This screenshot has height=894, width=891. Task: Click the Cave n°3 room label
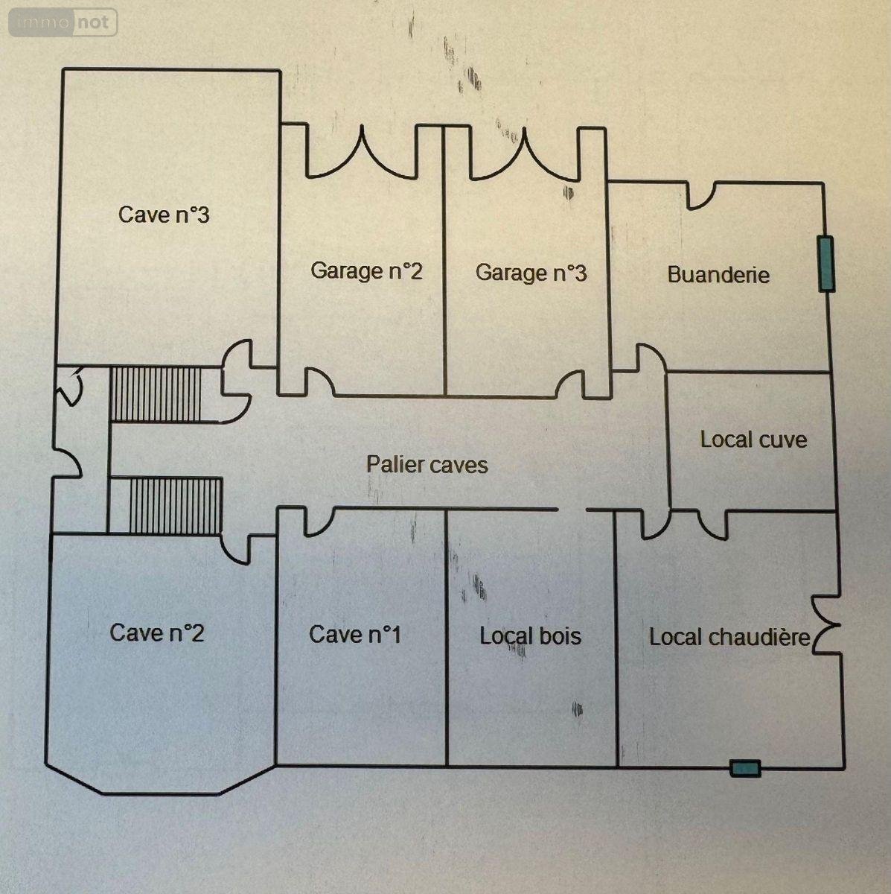click(x=164, y=215)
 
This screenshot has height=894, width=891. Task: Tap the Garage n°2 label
click(x=366, y=270)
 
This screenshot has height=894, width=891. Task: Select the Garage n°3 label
click(x=531, y=273)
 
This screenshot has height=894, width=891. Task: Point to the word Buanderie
click(x=718, y=274)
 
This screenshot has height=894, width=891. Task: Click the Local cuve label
click(x=753, y=440)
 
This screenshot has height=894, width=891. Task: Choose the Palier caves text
click(x=427, y=465)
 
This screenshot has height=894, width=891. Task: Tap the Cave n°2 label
click(x=157, y=633)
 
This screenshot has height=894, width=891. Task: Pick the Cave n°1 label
click(x=355, y=635)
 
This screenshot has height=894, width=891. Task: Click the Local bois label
click(x=530, y=636)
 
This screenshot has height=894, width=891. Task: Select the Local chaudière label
click(x=729, y=638)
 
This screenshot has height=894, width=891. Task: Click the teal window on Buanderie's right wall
click(x=825, y=264)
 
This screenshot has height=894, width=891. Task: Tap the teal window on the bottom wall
click(x=744, y=768)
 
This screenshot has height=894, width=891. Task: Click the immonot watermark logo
click(x=63, y=22)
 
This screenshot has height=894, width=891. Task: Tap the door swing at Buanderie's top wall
click(x=700, y=196)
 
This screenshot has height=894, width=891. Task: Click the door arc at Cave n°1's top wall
click(x=318, y=521)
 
